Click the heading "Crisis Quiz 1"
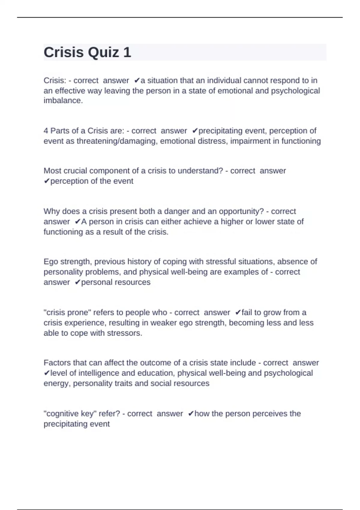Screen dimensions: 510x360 click(x=87, y=52)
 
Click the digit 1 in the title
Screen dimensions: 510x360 click(x=127, y=52)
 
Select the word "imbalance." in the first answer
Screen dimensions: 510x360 click(x=63, y=100)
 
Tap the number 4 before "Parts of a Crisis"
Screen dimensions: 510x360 click(x=46, y=131)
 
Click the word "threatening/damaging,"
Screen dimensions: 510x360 click(x=117, y=141)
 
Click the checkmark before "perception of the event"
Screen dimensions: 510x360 click(x=46, y=181)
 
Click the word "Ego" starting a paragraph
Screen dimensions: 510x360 click(x=51, y=262)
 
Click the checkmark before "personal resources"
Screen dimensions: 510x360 click(x=77, y=282)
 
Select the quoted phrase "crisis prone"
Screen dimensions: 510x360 click(x=67, y=313)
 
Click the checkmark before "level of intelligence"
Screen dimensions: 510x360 click(x=46, y=373)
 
